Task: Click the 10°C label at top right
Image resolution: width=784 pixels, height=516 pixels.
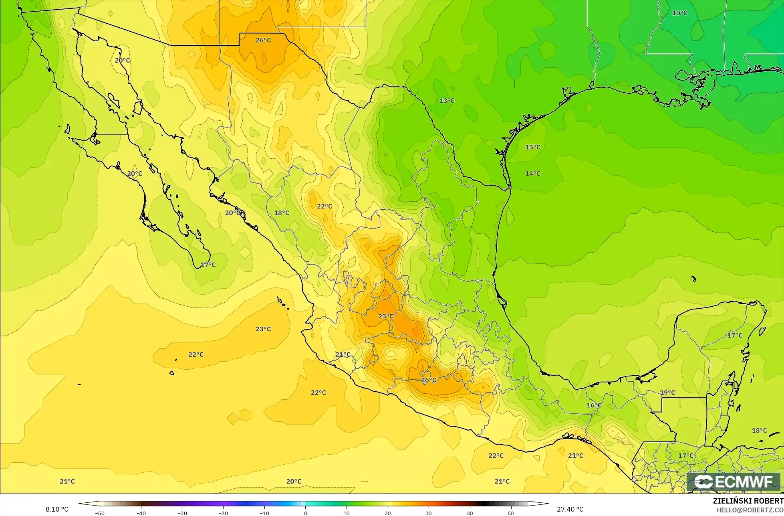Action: coord(679,13)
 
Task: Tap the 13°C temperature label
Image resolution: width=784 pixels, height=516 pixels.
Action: coord(447,100)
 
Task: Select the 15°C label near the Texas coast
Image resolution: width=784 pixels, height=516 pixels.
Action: coord(532,147)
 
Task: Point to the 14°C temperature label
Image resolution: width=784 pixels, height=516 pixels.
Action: coord(532,174)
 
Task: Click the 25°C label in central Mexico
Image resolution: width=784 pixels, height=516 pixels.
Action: coord(385,316)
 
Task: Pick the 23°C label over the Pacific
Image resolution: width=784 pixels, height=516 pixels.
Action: coord(263,329)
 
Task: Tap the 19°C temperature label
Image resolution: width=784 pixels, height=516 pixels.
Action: coord(667,393)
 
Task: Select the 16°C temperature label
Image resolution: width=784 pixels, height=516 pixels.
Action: coord(594,405)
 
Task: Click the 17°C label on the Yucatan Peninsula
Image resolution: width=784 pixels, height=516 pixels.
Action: coord(735,335)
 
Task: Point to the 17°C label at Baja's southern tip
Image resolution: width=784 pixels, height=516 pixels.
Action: coord(208,265)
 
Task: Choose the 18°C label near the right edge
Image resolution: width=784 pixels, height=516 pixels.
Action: coord(759,431)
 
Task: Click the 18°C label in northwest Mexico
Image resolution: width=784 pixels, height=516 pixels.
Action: coord(281,213)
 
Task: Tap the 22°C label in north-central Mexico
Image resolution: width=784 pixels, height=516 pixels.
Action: coord(324,206)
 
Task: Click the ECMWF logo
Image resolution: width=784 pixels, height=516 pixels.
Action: coord(734,482)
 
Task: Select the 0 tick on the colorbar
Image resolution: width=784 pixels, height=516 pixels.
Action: coord(305,513)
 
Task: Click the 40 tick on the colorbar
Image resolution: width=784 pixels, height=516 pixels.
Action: coord(470,513)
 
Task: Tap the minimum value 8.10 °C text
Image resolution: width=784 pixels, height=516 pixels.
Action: coord(56,509)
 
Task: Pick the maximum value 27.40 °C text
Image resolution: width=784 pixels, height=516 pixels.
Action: coord(570,509)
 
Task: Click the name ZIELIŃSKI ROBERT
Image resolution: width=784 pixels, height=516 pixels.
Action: coord(748,501)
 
